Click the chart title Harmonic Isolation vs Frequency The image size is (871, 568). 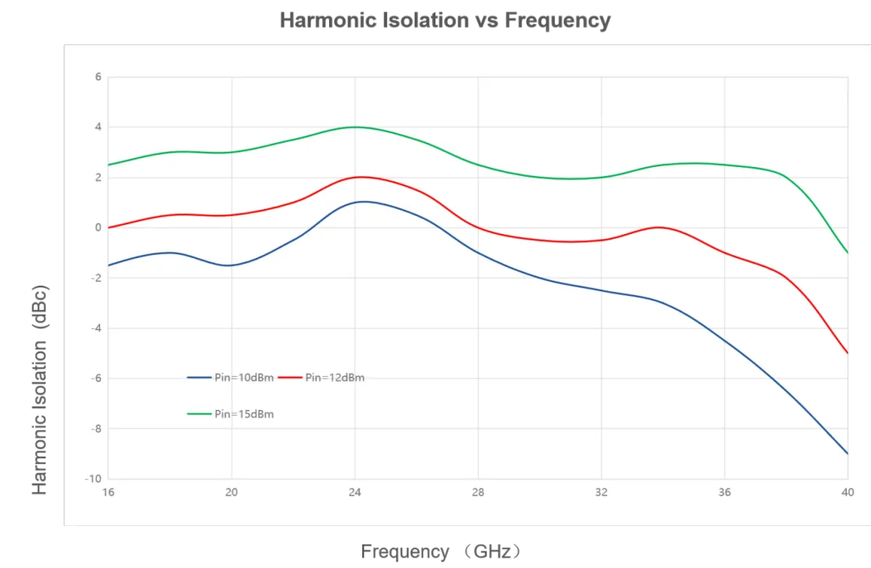tap(444, 20)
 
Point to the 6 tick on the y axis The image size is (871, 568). tap(98, 77)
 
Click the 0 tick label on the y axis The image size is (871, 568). tap(98, 228)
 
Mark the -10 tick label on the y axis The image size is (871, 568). tap(95, 478)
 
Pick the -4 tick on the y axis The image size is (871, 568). tap(96, 328)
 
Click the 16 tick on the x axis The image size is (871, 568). tap(109, 491)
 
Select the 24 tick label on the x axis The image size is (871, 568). tap(355, 491)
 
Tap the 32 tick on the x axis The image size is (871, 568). tap(601, 491)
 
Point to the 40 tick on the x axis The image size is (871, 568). tap(847, 491)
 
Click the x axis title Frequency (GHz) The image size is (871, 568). tap(443, 552)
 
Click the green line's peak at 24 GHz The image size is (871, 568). tap(355, 127)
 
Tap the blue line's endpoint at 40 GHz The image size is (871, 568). tap(847, 453)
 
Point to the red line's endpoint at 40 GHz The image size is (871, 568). tap(847, 353)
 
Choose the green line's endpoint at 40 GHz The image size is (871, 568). tap(847, 253)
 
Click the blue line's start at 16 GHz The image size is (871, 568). tap(109, 265)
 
